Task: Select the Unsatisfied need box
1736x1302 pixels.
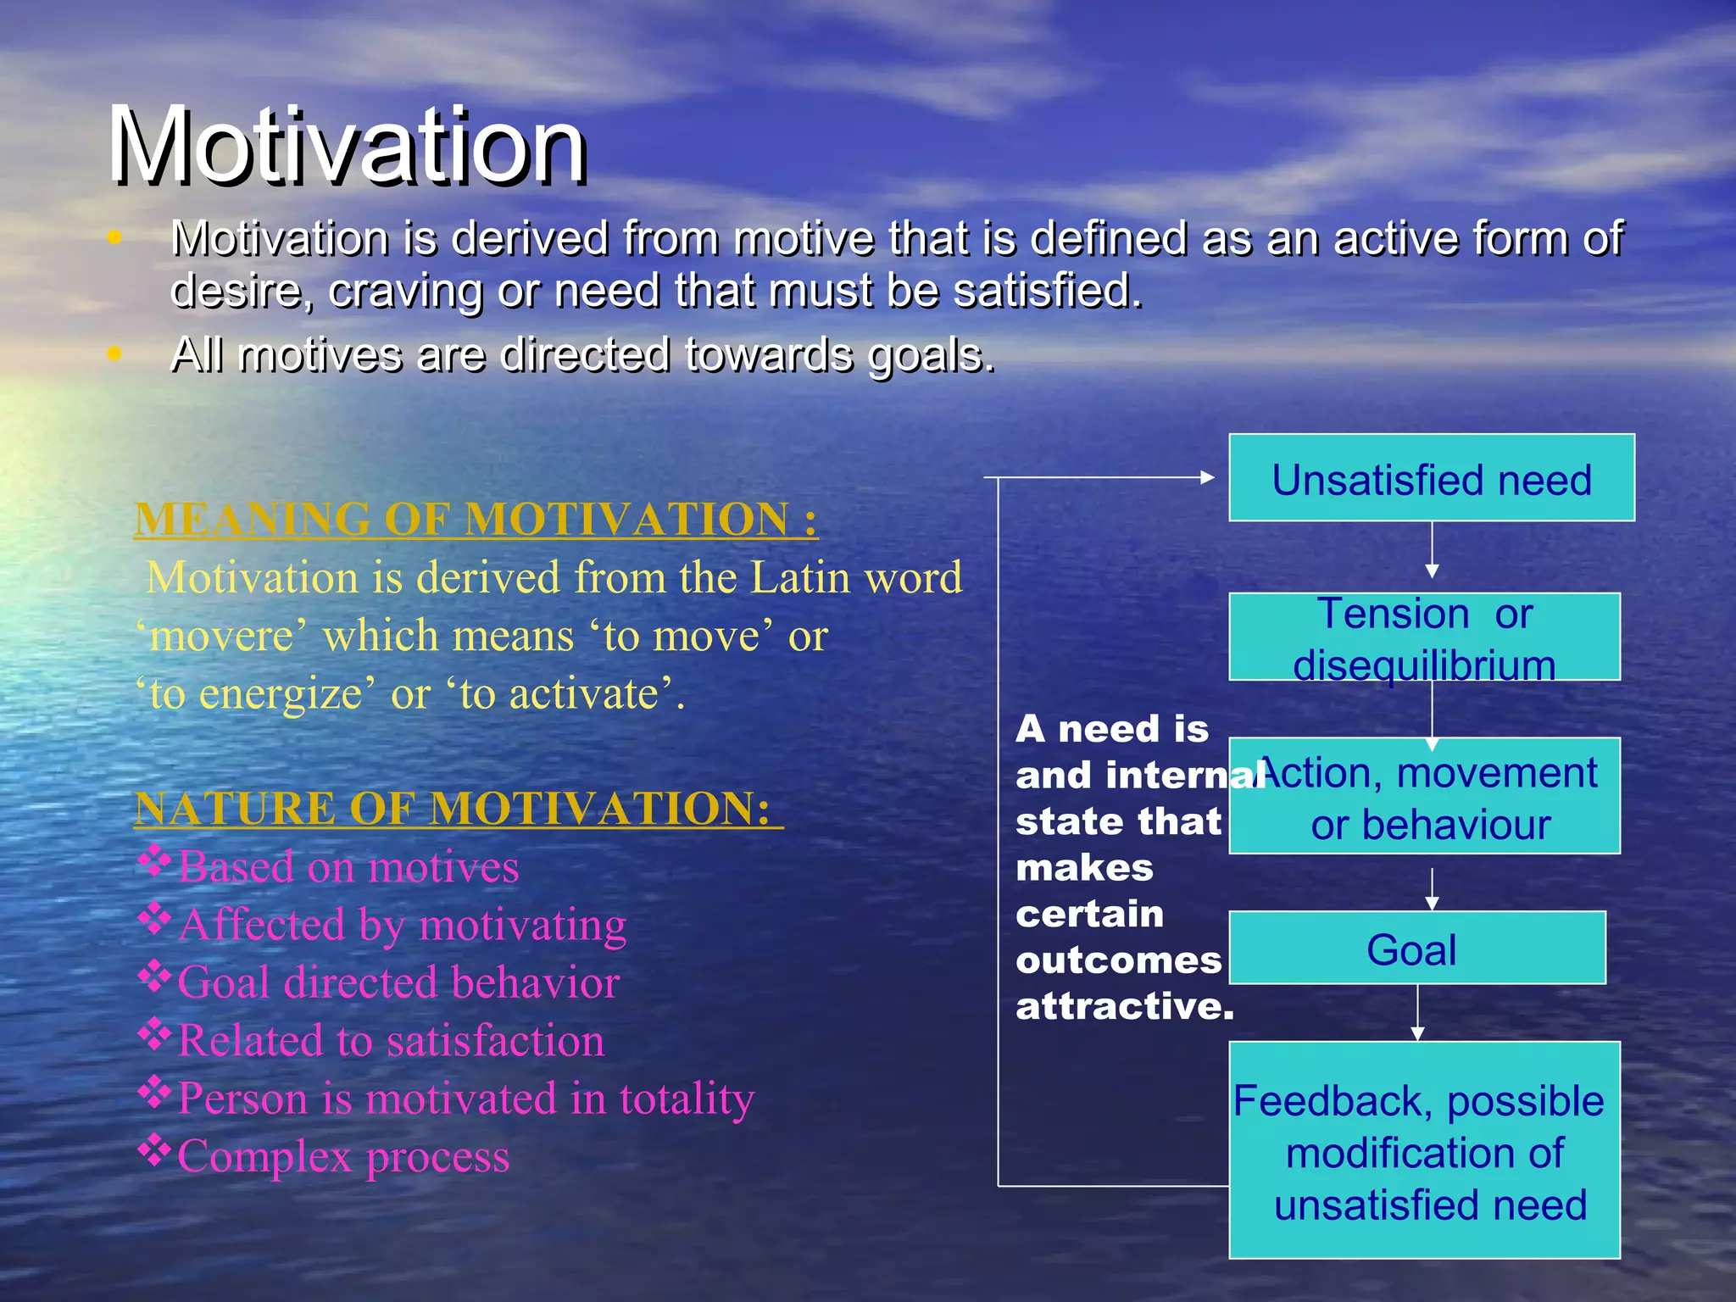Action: click(1431, 478)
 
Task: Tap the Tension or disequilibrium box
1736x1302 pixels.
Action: click(1424, 637)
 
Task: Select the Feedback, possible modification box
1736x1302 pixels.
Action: click(1424, 1150)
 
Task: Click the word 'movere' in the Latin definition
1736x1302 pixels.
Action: click(222, 636)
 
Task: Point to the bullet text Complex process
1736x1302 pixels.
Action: click(343, 1156)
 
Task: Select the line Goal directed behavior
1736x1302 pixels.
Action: click(398, 982)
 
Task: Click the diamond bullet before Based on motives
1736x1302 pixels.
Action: click(154, 861)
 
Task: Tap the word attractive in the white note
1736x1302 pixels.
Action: click(1123, 1006)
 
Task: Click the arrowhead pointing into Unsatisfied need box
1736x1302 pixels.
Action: click(1209, 478)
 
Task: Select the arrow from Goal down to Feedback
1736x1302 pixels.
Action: click(1417, 1013)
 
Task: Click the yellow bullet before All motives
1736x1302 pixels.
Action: click(115, 353)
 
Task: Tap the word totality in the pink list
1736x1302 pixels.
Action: click(687, 1099)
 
